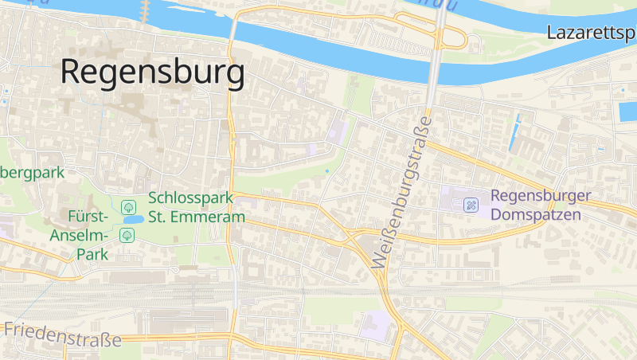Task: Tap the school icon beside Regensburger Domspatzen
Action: pyautogui.click(x=471, y=205)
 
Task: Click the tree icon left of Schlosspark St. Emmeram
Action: pyautogui.click(x=127, y=206)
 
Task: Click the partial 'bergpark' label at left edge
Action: pyautogui.click(x=32, y=171)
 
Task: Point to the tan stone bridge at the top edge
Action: pyautogui.click(x=145, y=10)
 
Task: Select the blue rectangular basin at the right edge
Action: pyautogui.click(x=626, y=111)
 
